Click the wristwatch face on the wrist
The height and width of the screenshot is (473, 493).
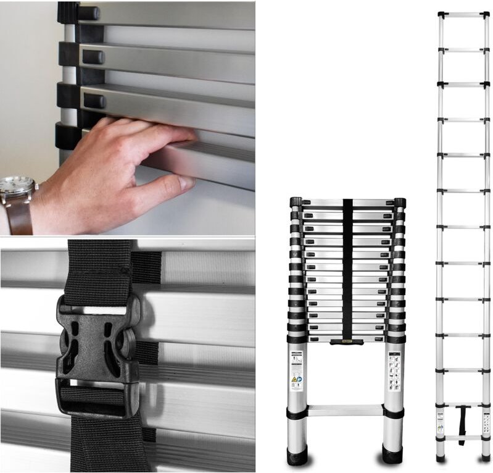pos(17,185)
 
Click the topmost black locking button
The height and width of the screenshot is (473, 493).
pos(88,13)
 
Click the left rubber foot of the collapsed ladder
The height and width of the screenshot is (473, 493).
pos(297,456)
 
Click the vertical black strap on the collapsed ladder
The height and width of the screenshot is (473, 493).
pos(347,266)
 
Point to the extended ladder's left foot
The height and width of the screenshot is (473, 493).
pos(440,458)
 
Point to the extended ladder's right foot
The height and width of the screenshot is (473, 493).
pos(486,458)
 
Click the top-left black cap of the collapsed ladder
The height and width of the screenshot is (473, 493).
pos(296,202)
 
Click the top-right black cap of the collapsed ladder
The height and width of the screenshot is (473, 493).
pos(399,202)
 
